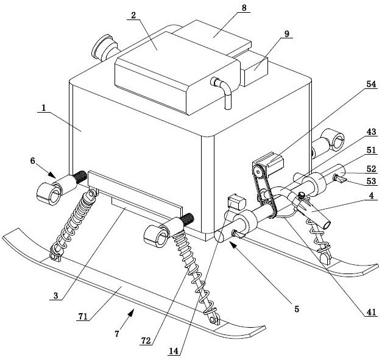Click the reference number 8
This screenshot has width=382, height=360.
click(244, 7)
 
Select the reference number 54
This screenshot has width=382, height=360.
click(371, 84)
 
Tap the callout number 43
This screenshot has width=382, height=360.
click(371, 132)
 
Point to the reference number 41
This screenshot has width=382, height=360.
click(372, 312)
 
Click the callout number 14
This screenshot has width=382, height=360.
click(174, 351)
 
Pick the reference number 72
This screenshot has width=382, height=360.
click(146, 341)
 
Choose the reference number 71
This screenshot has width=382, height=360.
click(83, 316)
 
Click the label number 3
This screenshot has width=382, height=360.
click(56, 295)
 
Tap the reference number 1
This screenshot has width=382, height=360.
click(44, 108)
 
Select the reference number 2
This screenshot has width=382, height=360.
click(133, 15)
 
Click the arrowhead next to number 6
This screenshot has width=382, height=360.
click(52, 175)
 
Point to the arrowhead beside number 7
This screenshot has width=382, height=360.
click(131, 312)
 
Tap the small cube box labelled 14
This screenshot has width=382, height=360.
click(236, 202)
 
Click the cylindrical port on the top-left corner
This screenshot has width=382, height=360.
click(105, 48)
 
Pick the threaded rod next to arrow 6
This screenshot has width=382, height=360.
click(80, 177)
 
